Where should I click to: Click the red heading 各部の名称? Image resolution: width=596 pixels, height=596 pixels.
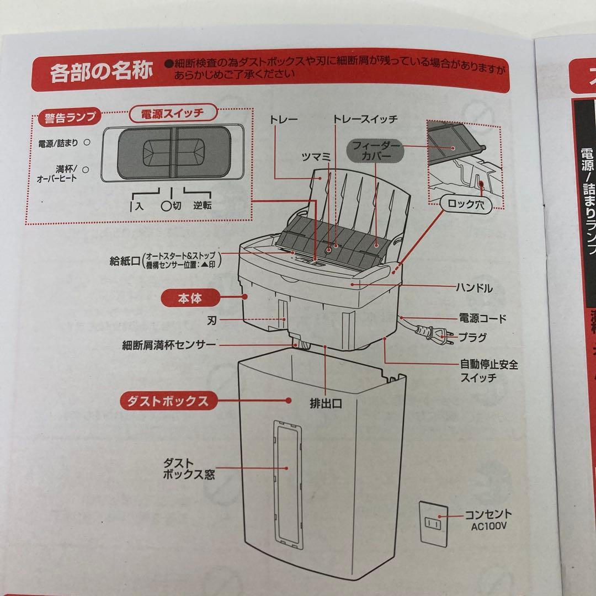[x=101, y=72]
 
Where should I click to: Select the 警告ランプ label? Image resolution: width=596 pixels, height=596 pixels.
[x=67, y=117]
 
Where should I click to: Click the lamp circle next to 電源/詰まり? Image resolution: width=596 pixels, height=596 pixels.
[x=86, y=142]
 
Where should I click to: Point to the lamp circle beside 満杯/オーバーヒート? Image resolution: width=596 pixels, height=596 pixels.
[x=86, y=170]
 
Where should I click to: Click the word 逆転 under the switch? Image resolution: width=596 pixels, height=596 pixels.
[x=202, y=206]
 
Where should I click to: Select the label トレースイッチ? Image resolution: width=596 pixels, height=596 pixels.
[x=365, y=119]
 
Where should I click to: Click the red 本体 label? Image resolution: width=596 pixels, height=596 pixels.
[x=189, y=299]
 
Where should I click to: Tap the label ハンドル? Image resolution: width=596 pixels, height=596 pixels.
[x=474, y=288]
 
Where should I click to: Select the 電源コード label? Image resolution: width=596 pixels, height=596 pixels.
[x=482, y=318]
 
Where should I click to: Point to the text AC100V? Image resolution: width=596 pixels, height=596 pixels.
[x=488, y=526]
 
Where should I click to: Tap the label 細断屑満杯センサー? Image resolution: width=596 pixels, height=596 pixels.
[x=169, y=345]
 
